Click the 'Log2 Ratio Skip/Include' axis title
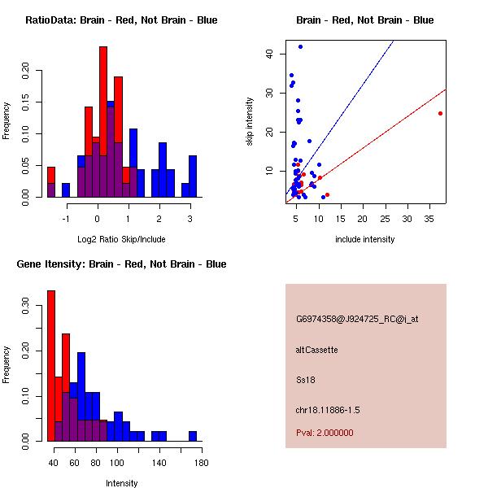pos(121,239)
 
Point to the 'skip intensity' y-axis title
pos(250,122)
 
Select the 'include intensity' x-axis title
pos(365,239)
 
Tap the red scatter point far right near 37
pos(440,113)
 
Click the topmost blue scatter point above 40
pos(300,46)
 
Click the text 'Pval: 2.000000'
pos(325,433)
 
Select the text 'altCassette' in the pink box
pos(316,350)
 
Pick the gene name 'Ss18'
pos(306,379)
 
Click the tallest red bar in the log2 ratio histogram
pos(103,122)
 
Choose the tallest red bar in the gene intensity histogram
pos(51,366)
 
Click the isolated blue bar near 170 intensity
pos(193,436)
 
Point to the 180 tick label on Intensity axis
pos(201,463)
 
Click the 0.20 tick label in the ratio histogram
pos(25,70)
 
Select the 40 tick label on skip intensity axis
pos(268,54)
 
